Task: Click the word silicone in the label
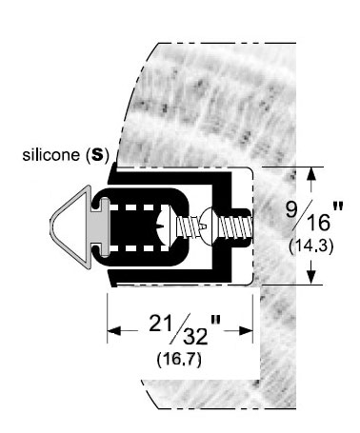pyautogui.click(x=50, y=155)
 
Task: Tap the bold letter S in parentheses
pyautogui.click(x=97, y=155)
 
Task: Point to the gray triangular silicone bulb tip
pyautogui.click(x=70, y=227)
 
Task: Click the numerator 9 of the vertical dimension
pyautogui.click(x=292, y=209)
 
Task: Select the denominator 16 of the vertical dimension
pyautogui.click(x=318, y=223)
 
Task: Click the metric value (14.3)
pyautogui.click(x=311, y=246)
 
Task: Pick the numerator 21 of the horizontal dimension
pyautogui.click(x=162, y=324)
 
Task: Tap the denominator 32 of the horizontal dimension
pyautogui.click(x=195, y=337)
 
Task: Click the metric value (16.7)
pyautogui.click(x=179, y=360)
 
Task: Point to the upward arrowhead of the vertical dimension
pyautogui.click(x=311, y=174)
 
